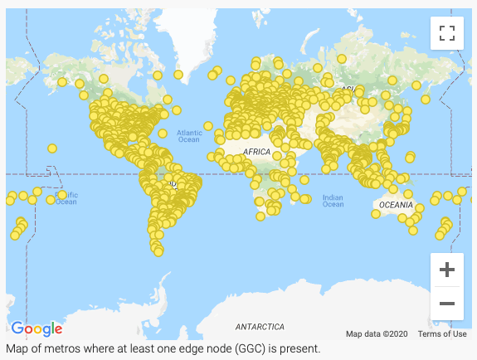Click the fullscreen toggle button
(447, 33)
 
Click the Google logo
(37, 328)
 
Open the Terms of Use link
(441, 334)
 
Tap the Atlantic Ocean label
(188, 136)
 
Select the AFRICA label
(257, 153)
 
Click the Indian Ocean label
(333, 201)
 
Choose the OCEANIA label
(395, 204)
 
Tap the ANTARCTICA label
(260, 327)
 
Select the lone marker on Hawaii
(52, 148)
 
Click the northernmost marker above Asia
(341, 58)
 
